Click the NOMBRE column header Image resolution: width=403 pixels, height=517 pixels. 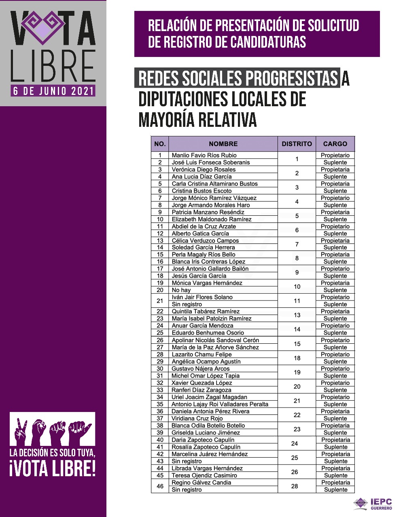coord(223,144)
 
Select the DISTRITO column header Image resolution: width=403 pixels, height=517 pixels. coord(297,144)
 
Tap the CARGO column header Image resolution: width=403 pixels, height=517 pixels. coord(335,144)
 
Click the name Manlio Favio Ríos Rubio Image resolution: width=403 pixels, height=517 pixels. coord(204,155)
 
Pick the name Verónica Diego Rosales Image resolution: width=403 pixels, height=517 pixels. coord(204,170)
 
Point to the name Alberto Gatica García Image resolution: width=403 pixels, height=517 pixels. coord(200,233)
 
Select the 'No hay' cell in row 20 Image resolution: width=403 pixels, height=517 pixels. coord(181,290)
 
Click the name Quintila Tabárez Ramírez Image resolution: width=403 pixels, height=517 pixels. coord(206,311)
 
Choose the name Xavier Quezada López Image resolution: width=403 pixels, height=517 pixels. coord(201,383)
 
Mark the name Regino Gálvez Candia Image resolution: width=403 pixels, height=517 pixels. coord(201,483)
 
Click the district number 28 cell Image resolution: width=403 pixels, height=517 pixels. coord(295,486)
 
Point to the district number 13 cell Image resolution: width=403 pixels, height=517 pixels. coord(297,315)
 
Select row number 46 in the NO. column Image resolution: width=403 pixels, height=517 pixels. coord(160,486)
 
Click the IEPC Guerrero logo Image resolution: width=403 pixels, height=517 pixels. coord(373,504)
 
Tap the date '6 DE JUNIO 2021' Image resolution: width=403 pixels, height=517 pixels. coord(53,91)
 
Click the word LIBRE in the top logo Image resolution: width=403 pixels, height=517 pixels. coord(53,66)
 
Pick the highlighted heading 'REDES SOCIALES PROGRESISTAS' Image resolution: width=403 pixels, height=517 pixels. coord(238,79)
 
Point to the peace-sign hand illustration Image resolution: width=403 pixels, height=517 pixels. coord(21,429)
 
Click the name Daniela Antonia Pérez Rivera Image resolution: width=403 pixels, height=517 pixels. coord(210,411)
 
